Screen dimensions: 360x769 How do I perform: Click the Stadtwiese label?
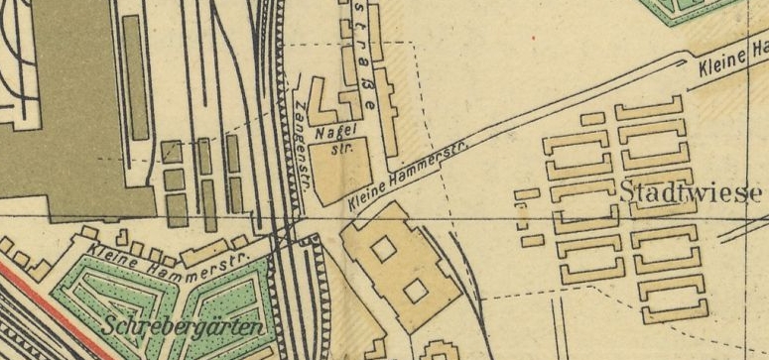[x=691, y=191]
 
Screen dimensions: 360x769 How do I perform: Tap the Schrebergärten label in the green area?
[x=182, y=326]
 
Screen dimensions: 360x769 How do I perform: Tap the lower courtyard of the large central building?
[x=416, y=290]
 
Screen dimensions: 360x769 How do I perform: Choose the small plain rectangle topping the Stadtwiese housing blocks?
[x=592, y=119]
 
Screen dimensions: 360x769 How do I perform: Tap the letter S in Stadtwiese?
[x=628, y=191]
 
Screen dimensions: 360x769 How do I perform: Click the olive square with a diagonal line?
[x=172, y=151]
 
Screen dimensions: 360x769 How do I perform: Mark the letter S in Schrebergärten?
[x=109, y=323]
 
